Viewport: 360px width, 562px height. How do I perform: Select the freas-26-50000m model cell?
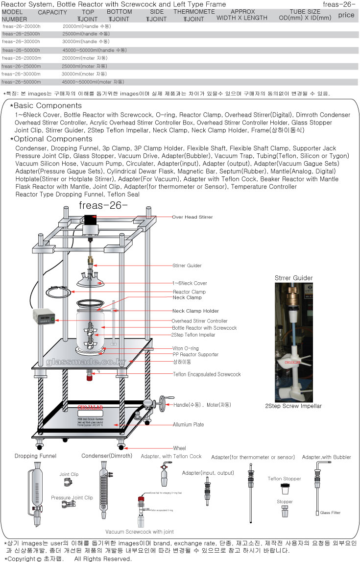pyautogui.click(x=22, y=82)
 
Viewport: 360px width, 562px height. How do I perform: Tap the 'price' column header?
pyautogui.click(x=346, y=15)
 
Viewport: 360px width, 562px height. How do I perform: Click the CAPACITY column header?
pyautogui.click(x=52, y=12)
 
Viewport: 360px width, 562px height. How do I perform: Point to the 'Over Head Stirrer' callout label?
pyautogui.click(x=192, y=217)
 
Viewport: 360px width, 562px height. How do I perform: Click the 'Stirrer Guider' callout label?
pyautogui.click(x=187, y=266)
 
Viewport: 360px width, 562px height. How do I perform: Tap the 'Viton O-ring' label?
pyautogui.click(x=185, y=348)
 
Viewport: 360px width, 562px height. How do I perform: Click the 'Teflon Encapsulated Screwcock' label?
pyautogui.click(x=207, y=374)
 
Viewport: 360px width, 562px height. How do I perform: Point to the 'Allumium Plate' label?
pyautogui.click(x=189, y=424)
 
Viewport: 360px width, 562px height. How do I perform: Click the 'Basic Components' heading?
pyautogui.click(x=48, y=105)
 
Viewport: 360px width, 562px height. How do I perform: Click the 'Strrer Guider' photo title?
pyautogui.click(x=293, y=278)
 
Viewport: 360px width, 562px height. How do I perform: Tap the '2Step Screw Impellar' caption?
pyautogui.click(x=293, y=406)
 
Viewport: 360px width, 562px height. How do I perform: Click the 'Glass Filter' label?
pyautogui.click(x=331, y=513)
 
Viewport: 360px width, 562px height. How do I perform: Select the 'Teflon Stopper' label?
pyautogui.click(x=284, y=479)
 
